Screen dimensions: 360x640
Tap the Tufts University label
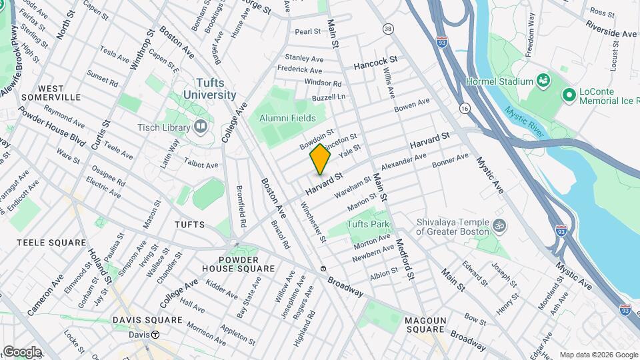[x=215, y=89]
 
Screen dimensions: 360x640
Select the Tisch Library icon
[x=201, y=127]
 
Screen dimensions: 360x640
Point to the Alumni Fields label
[x=287, y=117]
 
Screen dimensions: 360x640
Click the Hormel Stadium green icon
[x=544, y=81]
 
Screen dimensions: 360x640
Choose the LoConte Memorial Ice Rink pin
[x=569, y=95]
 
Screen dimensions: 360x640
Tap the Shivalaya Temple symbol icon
[x=497, y=226]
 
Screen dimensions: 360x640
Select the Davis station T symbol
[x=155, y=335]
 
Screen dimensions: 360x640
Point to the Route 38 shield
[x=387, y=29]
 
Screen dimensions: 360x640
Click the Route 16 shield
[x=464, y=107]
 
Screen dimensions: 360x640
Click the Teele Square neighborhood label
[x=52, y=243]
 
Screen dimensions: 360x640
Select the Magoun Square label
[x=425, y=325]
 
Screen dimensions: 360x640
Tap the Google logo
[x=22, y=351]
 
